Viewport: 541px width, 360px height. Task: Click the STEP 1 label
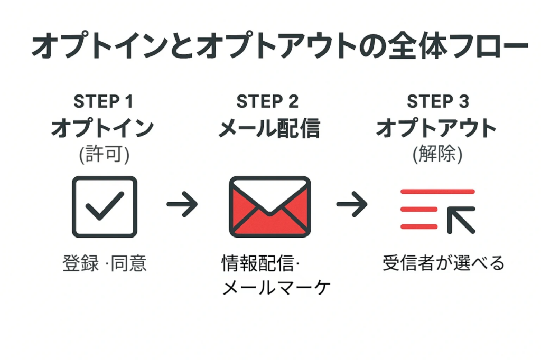(104, 101)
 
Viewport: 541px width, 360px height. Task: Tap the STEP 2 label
(267, 101)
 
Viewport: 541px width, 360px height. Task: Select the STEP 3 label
(437, 101)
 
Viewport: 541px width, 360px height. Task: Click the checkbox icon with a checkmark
(105, 206)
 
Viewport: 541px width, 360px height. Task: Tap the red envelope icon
(269, 206)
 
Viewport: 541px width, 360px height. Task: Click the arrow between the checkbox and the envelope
(182, 204)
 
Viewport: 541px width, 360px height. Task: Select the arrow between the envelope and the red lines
(351, 204)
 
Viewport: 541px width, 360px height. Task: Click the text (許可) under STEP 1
(104, 154)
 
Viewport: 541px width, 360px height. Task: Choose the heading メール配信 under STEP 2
(269, 128)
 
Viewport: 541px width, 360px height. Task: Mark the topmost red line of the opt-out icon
(437, 192)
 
